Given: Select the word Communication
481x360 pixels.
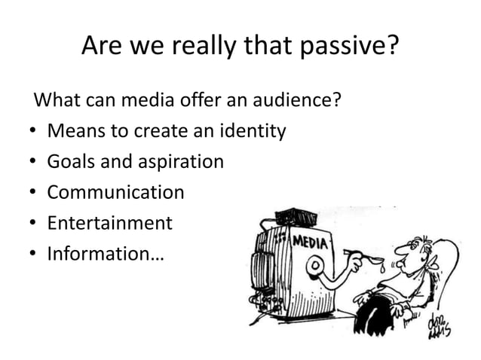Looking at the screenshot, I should [115, 193].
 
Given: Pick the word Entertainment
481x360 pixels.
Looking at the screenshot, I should [110, 224].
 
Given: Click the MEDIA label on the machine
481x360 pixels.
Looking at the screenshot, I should [310, 243].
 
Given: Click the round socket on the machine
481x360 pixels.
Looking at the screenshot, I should [311, 266].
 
